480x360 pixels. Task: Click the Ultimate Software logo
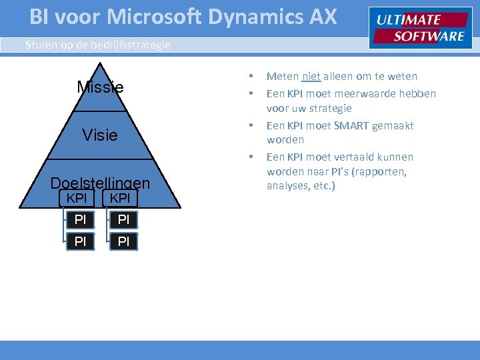pos(420,28)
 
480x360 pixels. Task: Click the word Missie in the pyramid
pos(100,87)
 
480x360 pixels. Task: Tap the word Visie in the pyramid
pos(100,135)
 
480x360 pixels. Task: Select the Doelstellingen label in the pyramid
pos(100,183)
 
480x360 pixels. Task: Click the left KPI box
pos(77,198)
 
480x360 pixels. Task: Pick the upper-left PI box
pos(80,219)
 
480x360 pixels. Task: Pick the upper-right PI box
pos(123,219)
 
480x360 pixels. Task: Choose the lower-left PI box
pos(80,241)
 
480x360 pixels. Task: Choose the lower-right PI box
pos(123,241)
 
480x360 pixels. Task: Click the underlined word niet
pos(312,76)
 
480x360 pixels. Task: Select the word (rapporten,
pos(382,171)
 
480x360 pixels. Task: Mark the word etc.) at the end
pos(323,186)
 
